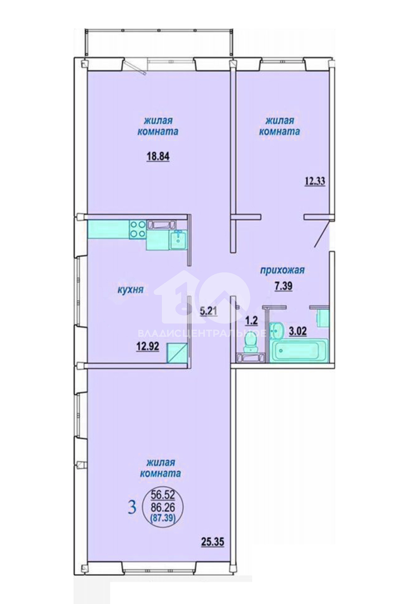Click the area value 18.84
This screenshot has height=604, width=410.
[158, 157]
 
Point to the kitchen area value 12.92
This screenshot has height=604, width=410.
[148, 347]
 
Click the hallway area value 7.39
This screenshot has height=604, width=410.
[284, 286]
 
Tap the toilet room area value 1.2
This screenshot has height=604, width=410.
[252, 321]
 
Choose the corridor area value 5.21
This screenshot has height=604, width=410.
[208, 312]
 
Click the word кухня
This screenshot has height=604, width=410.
[130, 290]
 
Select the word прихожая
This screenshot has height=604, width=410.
[282, 270]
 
